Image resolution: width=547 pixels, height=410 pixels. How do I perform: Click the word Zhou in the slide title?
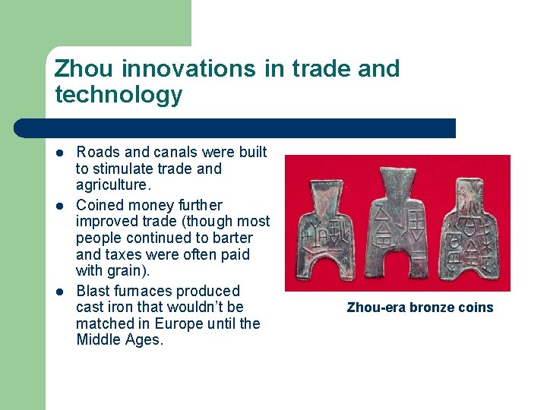[84, 69]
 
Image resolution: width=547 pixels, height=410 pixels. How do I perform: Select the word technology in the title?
[119, 95]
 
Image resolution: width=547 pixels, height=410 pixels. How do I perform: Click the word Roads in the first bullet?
[96, 153]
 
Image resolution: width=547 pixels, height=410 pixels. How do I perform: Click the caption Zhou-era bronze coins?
[420, 307]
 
